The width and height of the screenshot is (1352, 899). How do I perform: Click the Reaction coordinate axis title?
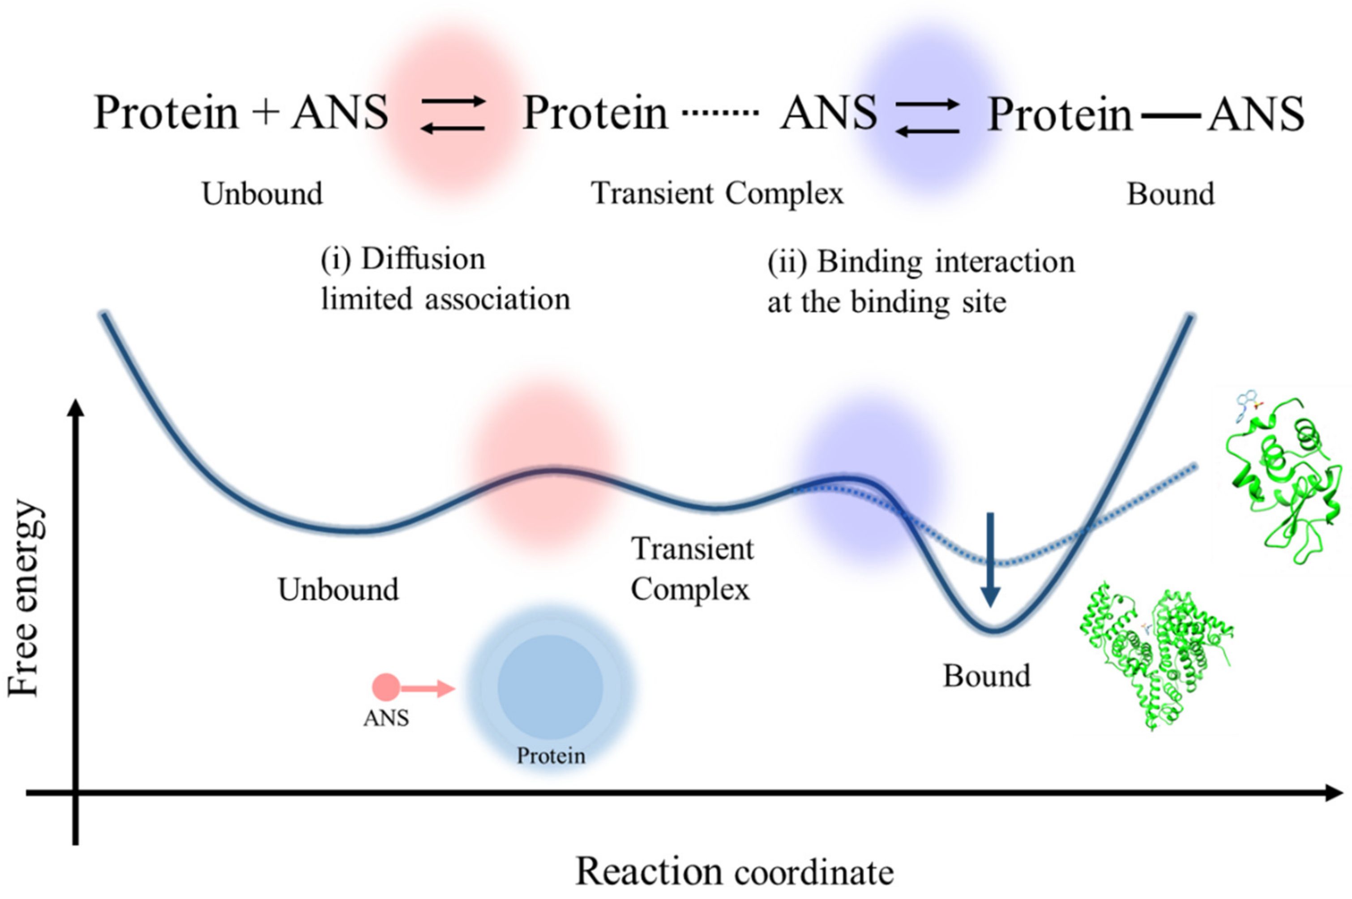pyautogui.click(x=734, y=872)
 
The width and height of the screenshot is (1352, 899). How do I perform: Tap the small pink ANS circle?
pyautogui.click(x=385, y=687)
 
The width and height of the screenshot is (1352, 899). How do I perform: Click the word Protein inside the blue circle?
pyautogui.click(x=551, y=756)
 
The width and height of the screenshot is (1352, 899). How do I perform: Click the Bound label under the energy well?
pyautogui.click(x=987, y=676)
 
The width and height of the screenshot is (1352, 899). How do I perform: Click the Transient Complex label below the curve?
pyautogui.click(x=692, y=569)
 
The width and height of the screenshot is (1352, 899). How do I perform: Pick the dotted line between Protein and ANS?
pyautogui.click(x=720, y=112)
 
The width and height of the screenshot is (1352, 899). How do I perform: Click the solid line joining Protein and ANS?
pyautogui.click(x=1170, y=115)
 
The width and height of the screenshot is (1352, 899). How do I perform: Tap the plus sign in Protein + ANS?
pyautogui.click(x=265, y=112)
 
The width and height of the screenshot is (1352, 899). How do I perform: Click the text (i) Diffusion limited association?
pyautogui.click(x=445, y=279)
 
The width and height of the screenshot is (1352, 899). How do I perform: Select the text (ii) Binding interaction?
pyautogui.click(x=920, y=282)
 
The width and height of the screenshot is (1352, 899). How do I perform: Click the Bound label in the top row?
pyautogui.click(x=1170, y=194)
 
